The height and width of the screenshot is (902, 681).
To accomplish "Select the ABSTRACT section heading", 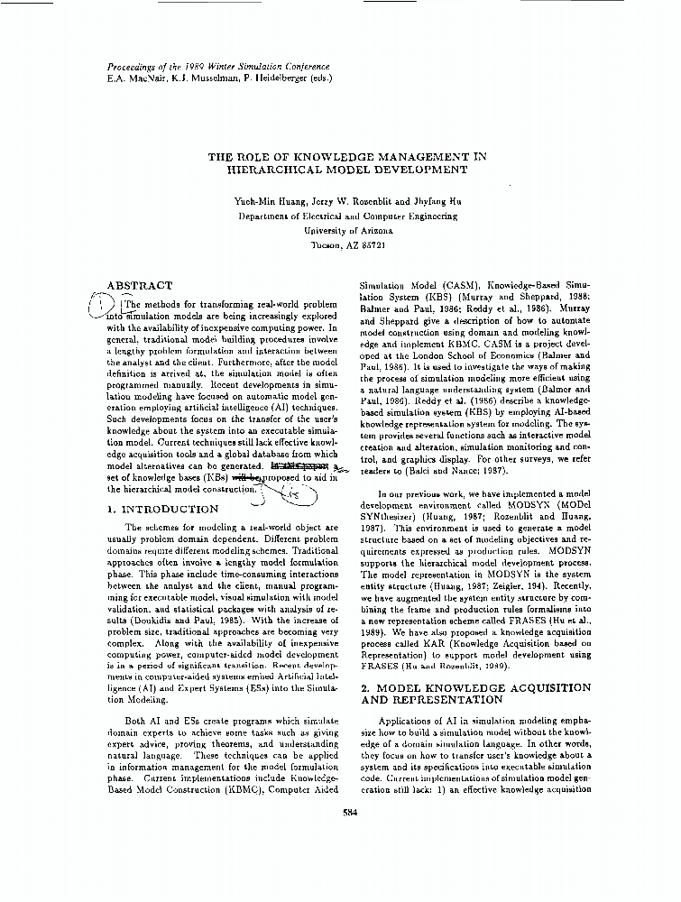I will (x=139, y=285).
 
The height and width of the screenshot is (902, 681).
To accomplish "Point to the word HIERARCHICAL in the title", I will (x=274, y=169).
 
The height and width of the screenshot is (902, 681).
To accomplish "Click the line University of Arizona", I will (x=347, y=230).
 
